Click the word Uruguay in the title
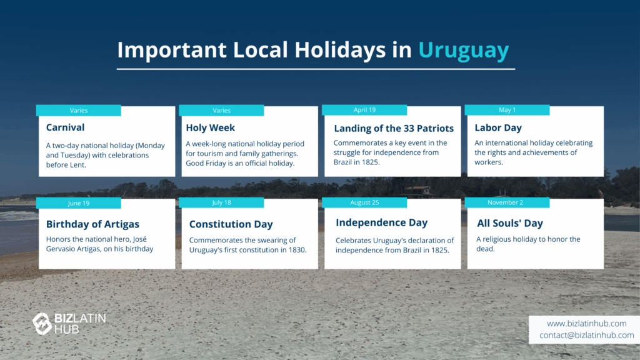[464, 51]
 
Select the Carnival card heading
[65, 127]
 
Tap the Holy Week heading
[210, 127]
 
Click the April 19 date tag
[364, 110]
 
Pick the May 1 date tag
[507, 110]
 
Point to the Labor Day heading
[498, 127]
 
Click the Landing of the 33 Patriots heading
[394, 128]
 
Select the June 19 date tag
[78, 203]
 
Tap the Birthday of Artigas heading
[92, 224]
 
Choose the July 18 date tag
[221, 202]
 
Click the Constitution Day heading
[231, 224]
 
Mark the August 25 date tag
[364, 202]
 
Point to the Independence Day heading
[382, 222]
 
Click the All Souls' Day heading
[510, 223]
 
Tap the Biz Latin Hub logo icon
[42, 324]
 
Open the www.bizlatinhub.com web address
[586, 323]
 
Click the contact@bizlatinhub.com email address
[586, 335]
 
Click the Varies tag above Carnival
[78, 110]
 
